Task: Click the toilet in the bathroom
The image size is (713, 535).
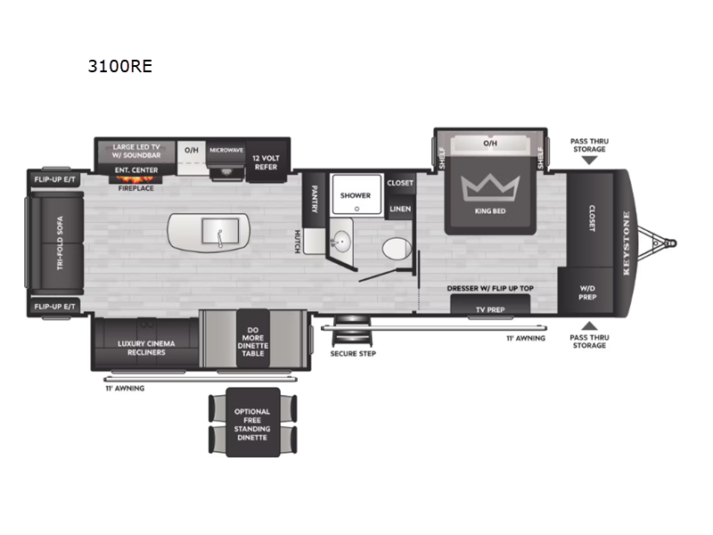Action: pos(393,248)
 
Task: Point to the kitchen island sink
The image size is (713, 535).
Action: pos(217,231)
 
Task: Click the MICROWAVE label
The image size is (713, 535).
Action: pos(226,151)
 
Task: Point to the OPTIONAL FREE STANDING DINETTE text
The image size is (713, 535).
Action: pos(251,424)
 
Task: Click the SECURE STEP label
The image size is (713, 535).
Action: pos(354,353)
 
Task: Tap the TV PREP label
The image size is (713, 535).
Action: pos(489,309)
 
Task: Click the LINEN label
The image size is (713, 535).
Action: pos(399,209)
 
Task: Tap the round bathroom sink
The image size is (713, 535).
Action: pos(342,242)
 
